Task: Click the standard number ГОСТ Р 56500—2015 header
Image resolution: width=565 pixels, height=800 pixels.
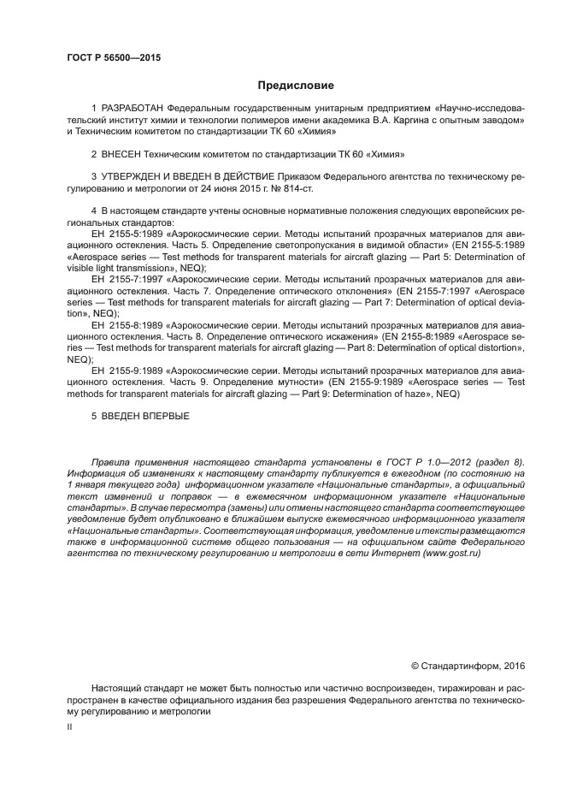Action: pyautogui.click(x=114, y=58)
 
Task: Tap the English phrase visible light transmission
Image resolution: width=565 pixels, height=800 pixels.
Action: pyautogui.click(x=116, y=267)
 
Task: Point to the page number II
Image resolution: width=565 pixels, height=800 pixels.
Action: pyautogui.click(x=69, y=726)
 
